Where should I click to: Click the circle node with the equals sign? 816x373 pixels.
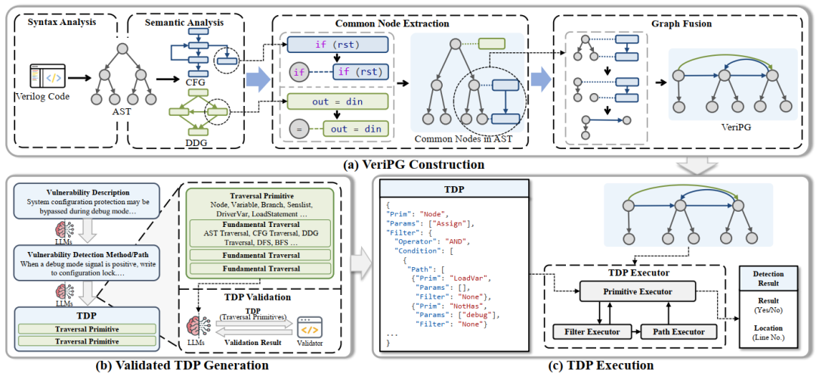(298, 129)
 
